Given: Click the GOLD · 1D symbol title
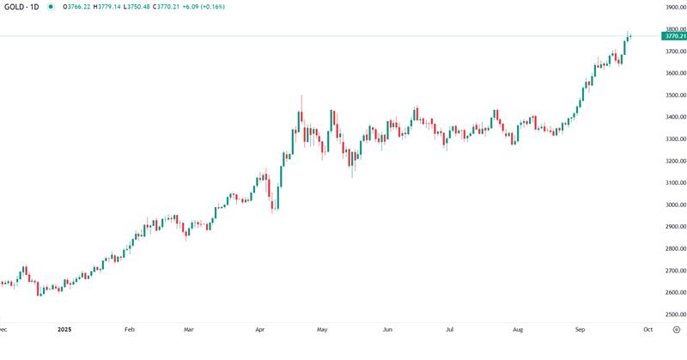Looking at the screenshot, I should coord(21,7).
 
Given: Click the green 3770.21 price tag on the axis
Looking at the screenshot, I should coord(674,36).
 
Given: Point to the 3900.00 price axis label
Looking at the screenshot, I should coord(674,8).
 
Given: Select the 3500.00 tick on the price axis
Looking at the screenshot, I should coord(674,95).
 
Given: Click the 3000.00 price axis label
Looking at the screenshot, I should coord(674,204).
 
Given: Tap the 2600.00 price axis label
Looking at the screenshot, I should coord(674,292).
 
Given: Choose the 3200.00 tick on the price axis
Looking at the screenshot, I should coord(674,161).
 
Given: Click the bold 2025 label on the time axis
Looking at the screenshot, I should coord(64,329).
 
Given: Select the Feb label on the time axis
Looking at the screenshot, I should coord(129,329).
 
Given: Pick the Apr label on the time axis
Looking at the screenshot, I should coord(258,329).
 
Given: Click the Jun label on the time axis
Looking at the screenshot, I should coord(387,329).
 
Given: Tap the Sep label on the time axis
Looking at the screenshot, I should coord(581,329).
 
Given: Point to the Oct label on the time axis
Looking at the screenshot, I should coord(647,329).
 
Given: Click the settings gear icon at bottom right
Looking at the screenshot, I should coord(676,329).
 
